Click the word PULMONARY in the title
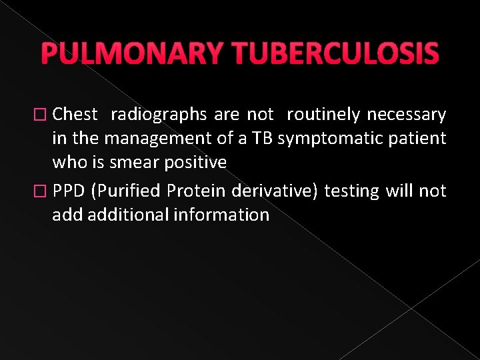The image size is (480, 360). tap(131, 54)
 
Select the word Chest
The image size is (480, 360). tap(75, 115)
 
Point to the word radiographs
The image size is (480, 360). tap(159, 115)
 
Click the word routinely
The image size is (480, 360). tap(324, 115)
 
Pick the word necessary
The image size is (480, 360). tap(406, 115)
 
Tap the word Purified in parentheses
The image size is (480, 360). tap(127, 191)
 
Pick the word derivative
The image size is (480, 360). tap(276, 191)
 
